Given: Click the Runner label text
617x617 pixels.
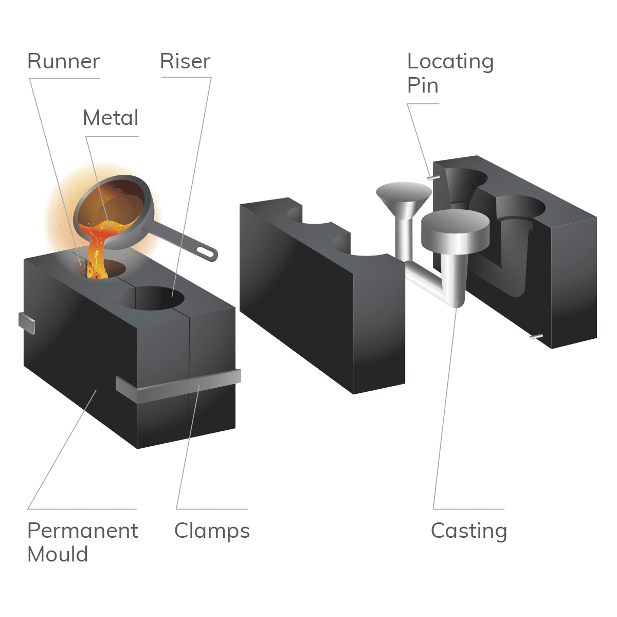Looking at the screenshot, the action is pos(63,61).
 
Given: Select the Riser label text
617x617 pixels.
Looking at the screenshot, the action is pos(185,61).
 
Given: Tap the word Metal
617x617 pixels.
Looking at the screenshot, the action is pos(111,118).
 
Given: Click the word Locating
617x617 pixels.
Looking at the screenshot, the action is pos(450,62).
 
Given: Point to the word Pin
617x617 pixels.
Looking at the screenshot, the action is pos(423,85).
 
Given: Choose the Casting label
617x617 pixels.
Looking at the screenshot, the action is pos(469,531).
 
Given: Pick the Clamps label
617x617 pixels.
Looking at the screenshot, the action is pos(212,531).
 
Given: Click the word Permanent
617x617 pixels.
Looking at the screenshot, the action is pos(82,531).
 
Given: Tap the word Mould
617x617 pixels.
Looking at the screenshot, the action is pos(58,554).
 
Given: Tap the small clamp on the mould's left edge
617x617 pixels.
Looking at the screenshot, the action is pos(26,322).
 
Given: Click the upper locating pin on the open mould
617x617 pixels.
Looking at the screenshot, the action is pos(433,178).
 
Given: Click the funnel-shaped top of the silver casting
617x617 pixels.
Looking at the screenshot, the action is pos(404,194).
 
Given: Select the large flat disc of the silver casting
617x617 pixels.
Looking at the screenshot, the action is pos(455,229).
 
